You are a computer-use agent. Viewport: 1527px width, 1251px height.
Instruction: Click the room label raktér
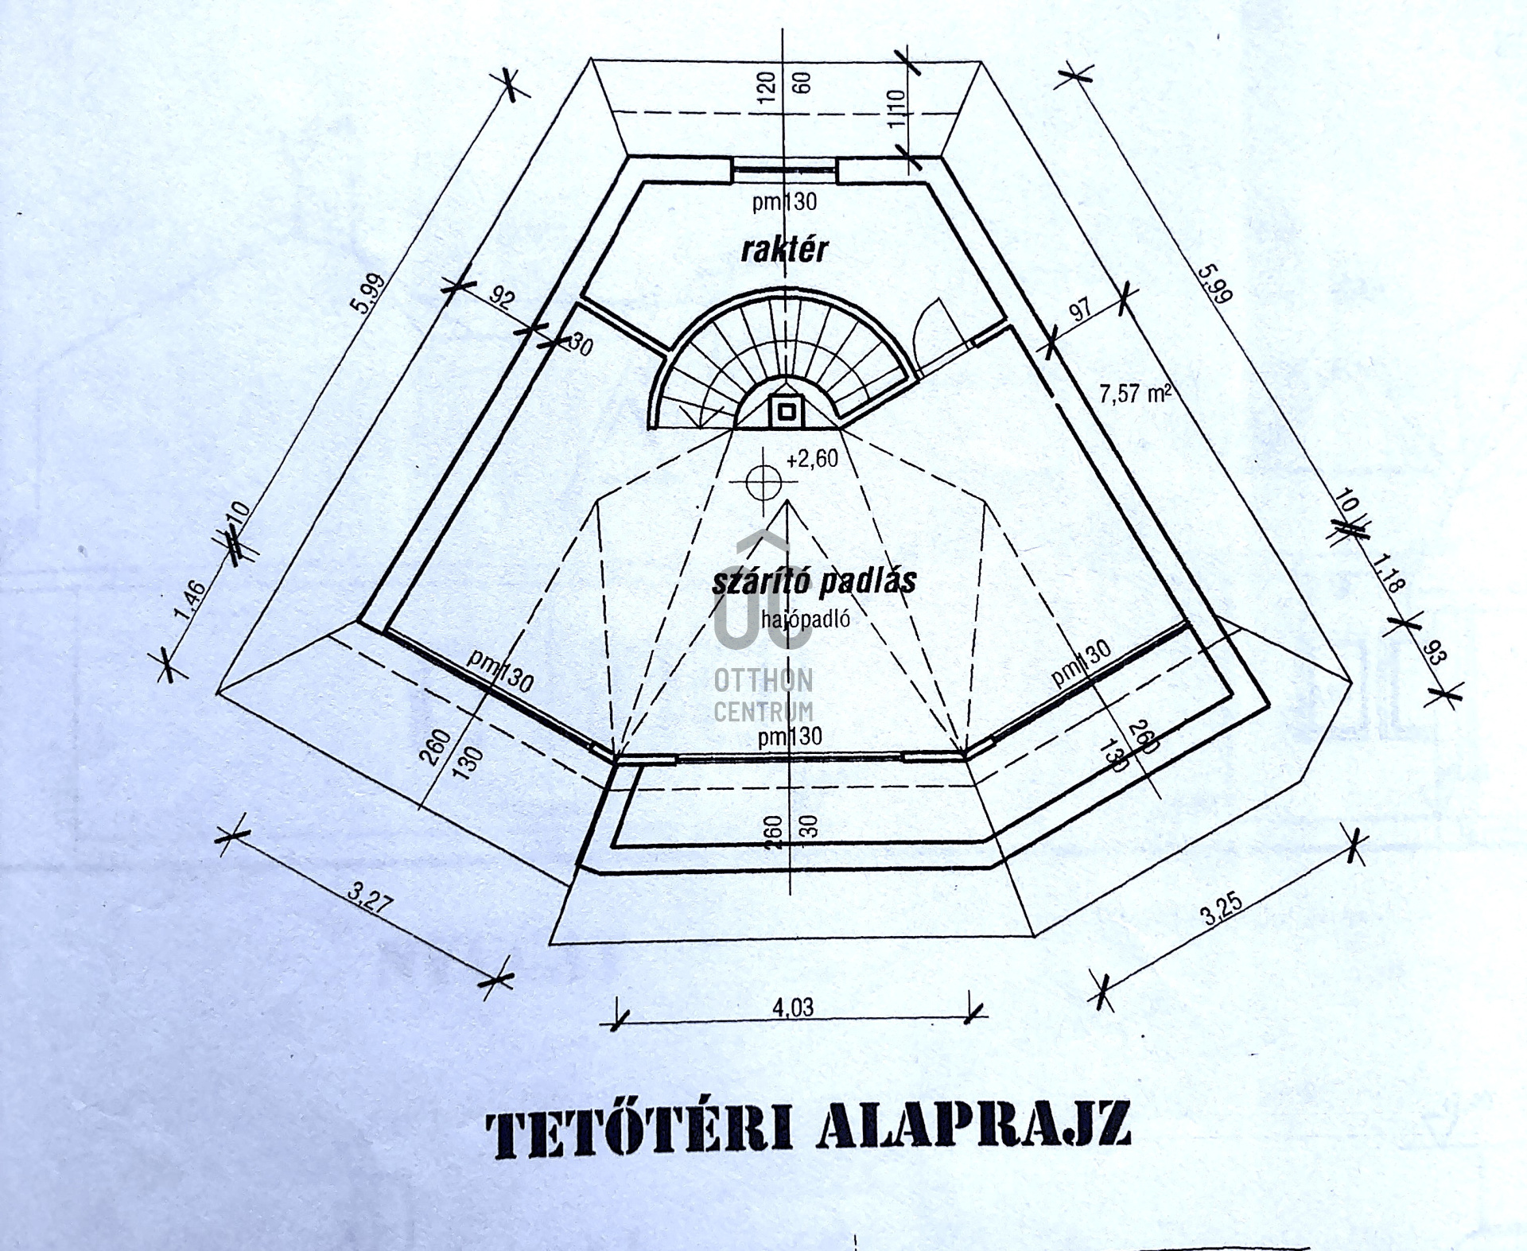click(784, 250)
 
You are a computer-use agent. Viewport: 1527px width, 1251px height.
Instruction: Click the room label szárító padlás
click(814, 581)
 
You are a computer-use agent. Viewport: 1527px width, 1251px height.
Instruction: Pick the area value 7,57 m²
click(1135, 394)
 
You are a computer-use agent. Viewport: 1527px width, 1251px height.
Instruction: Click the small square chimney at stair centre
click(786, 411)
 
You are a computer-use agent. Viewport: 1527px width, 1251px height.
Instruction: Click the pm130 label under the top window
click(784, 202)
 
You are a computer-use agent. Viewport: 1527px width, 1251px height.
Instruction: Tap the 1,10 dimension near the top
click(896, 109)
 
